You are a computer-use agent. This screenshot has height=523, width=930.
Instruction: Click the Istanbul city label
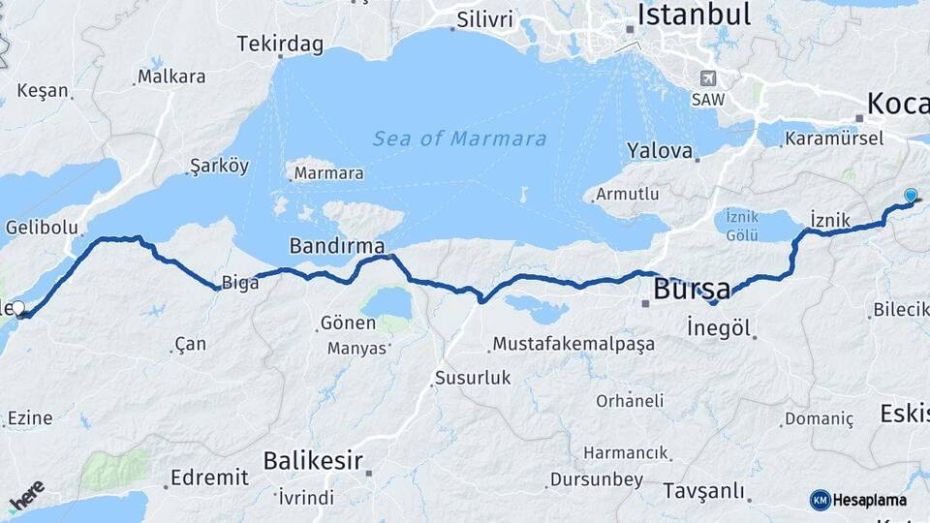(695, 15)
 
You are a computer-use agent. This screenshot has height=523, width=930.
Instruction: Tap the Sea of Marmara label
(460, 138)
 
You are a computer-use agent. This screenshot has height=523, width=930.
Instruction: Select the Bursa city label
(692, 289)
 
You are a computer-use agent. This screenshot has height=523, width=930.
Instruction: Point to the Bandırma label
(336, 246)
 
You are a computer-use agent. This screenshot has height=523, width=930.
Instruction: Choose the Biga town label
(240, 284)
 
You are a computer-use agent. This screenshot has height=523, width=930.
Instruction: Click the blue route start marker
(910, 196)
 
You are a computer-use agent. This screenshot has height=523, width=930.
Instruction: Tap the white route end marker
(18, 309)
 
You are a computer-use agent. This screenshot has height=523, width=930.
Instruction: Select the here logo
(27, 497)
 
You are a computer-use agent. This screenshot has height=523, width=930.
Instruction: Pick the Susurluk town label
(473, 378)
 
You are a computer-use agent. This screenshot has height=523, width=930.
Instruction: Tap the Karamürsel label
(834, 138)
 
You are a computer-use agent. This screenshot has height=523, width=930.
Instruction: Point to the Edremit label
(209, 477)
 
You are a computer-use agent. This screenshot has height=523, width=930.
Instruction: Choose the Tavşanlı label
(703, 491)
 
